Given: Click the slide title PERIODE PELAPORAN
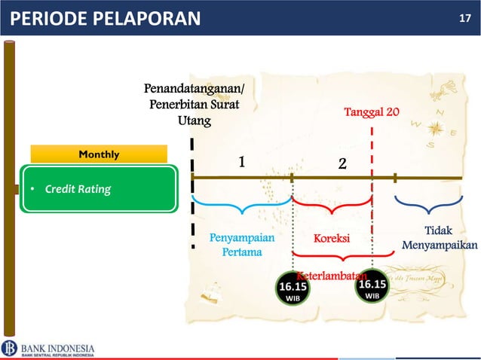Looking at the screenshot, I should [106, 18].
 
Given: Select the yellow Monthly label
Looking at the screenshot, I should [99, 154].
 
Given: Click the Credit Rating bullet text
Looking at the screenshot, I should [78, 188].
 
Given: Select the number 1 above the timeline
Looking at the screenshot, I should [242, 162].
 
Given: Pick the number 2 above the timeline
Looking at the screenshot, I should [342, 163].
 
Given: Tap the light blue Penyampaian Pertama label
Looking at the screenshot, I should [242, 245].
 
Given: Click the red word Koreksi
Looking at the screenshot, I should [332, 239].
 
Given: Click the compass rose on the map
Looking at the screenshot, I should [436, 129].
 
